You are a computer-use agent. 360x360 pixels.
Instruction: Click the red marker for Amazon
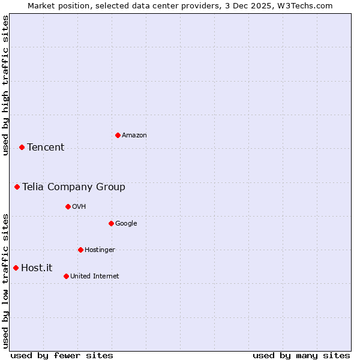tap(118, 135)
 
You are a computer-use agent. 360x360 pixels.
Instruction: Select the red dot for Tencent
tap(22, 147)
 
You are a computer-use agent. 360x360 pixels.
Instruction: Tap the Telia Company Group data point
tap(17, 187)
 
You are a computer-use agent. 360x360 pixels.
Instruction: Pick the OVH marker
tap(68, 206)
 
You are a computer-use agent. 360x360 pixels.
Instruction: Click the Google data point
tap(111, 223)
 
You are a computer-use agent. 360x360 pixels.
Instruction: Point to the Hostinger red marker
tap(80, 250)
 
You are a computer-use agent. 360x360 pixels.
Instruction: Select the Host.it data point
tap(16, 268)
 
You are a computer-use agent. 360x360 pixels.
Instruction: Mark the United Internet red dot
tap(66, 276)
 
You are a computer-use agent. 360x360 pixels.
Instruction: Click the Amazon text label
tap(134, 136)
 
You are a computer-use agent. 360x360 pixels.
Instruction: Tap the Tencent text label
tap(46, 148)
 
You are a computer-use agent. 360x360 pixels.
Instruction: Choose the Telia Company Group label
tap(74, 187)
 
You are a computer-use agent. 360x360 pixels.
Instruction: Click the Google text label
tap(126, 224)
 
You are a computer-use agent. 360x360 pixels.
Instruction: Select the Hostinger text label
tap(100, 250)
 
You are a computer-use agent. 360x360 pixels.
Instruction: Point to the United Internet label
tap(94, 277)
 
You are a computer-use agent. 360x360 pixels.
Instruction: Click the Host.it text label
tap(37, 268)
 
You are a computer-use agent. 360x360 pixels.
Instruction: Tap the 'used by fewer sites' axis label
tap(62, 355)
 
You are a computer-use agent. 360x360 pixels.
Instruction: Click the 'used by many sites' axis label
tap(301, 355)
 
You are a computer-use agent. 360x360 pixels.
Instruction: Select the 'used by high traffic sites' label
tap(5, 85)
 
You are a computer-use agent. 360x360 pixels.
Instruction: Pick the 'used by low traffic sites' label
tap(5, 280)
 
